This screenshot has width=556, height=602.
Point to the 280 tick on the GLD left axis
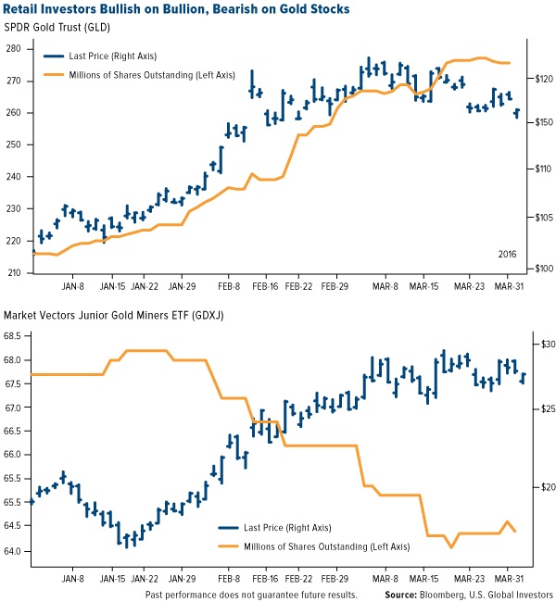point(15,49)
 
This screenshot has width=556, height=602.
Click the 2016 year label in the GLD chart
point(508,252)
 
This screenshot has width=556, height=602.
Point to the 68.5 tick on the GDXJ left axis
point(16,336)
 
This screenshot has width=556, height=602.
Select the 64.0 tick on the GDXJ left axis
point(16,552)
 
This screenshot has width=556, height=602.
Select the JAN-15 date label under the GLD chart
point(113,287)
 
